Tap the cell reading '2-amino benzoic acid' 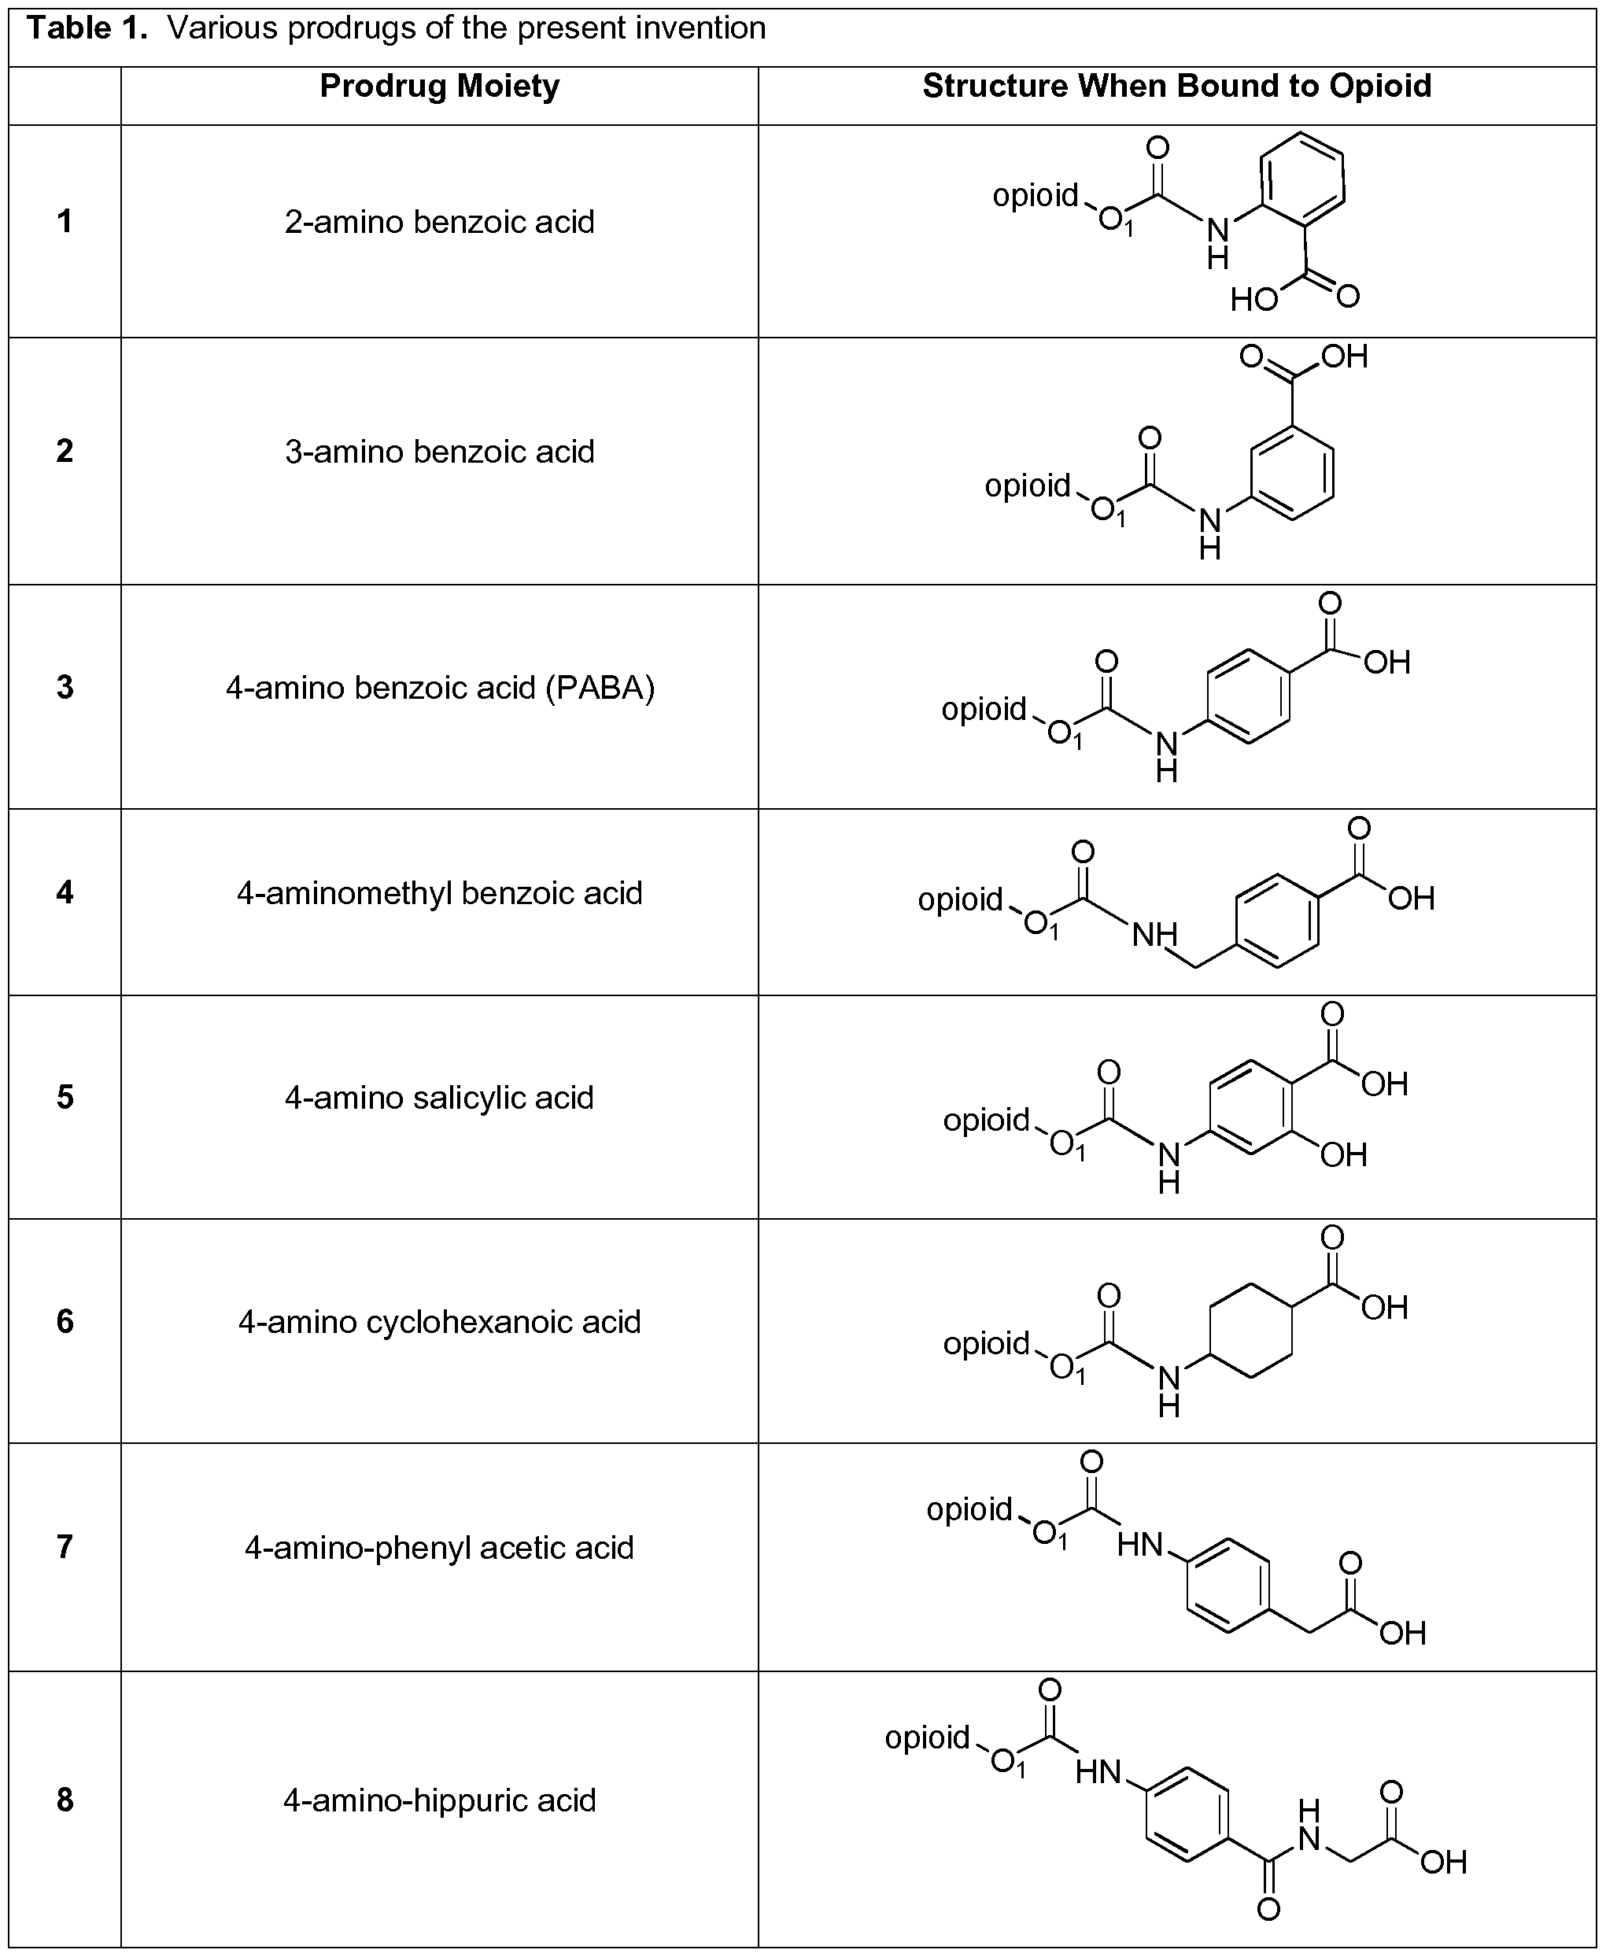click(439, 222)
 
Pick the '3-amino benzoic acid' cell click(439, 452)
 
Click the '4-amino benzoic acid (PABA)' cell click(439, 689)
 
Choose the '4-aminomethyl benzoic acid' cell click(439, 894)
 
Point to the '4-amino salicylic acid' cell click(439, 1099)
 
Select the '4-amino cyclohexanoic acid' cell click(439, 1322)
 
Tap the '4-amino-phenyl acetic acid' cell click(439, 1548)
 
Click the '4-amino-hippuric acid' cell click(439, 1800)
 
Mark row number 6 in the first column click(65, 1321)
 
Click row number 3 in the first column click(65, 688)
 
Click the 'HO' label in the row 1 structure click(1254, 299)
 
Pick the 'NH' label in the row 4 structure click(1154, 936)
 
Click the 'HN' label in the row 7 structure click(1139, 1545)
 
